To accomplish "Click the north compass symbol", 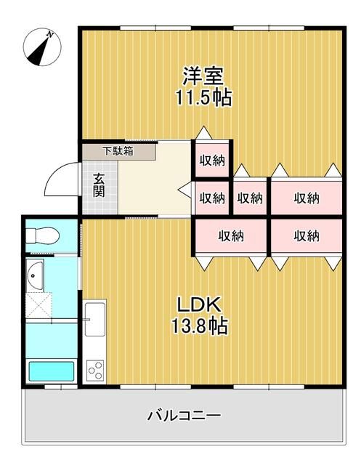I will click(39, 45).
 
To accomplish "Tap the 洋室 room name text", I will click(203, 76).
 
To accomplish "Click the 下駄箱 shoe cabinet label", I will click(117, 152).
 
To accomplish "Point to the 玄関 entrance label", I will click(99, 186).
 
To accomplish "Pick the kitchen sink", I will click(96, 320).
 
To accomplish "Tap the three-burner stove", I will click(96, 371).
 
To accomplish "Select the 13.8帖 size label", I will click(198, 327).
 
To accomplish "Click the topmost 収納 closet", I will click(212, 161).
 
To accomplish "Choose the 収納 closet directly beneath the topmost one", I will click(211, 198).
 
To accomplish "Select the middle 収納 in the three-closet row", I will click(250, 198).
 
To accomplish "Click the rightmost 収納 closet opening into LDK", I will click(306, 235).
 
